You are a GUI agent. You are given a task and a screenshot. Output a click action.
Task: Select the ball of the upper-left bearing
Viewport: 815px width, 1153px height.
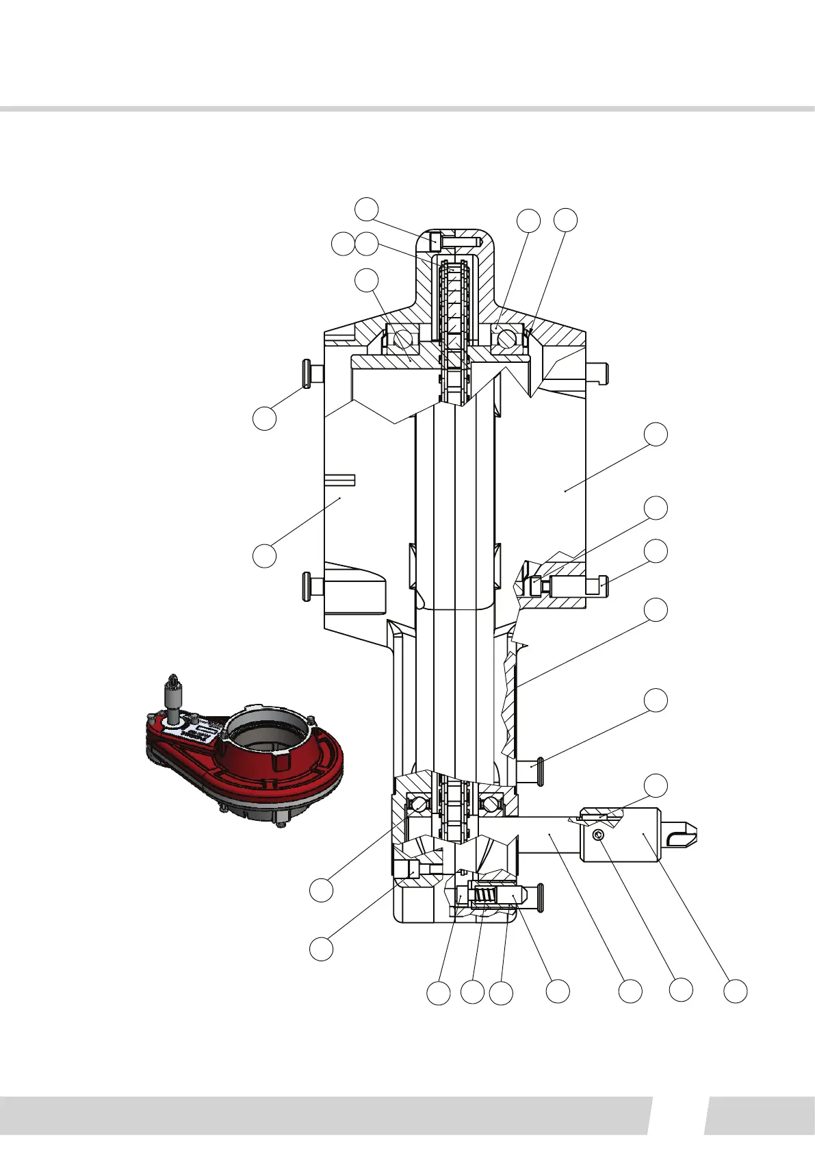click(402, 339)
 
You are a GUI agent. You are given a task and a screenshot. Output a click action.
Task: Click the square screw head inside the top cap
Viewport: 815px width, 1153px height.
click(435, 242)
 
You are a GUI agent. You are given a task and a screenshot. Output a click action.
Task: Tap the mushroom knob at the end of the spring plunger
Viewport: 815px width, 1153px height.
click(539, 898)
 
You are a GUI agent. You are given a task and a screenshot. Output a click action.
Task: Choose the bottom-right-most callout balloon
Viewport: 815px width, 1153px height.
click(736, 991)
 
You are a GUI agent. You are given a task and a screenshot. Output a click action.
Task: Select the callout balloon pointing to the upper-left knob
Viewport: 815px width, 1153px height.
click(265, 418)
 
